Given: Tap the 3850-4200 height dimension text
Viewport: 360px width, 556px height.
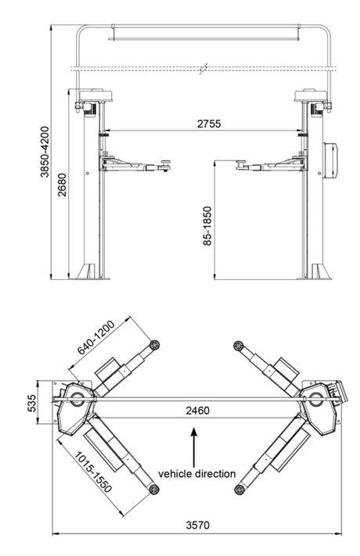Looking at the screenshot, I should tap(45, 150).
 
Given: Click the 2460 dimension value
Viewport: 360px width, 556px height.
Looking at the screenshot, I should tap(199, 409).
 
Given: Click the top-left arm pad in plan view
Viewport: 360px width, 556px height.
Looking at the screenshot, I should tap(155, 344).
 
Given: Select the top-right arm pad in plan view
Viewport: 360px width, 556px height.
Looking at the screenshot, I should tap(237, 344).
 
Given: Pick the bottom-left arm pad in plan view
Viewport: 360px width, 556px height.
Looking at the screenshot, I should tap(155, 489).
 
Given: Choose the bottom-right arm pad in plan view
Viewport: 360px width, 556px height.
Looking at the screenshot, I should tap(238, 489).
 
